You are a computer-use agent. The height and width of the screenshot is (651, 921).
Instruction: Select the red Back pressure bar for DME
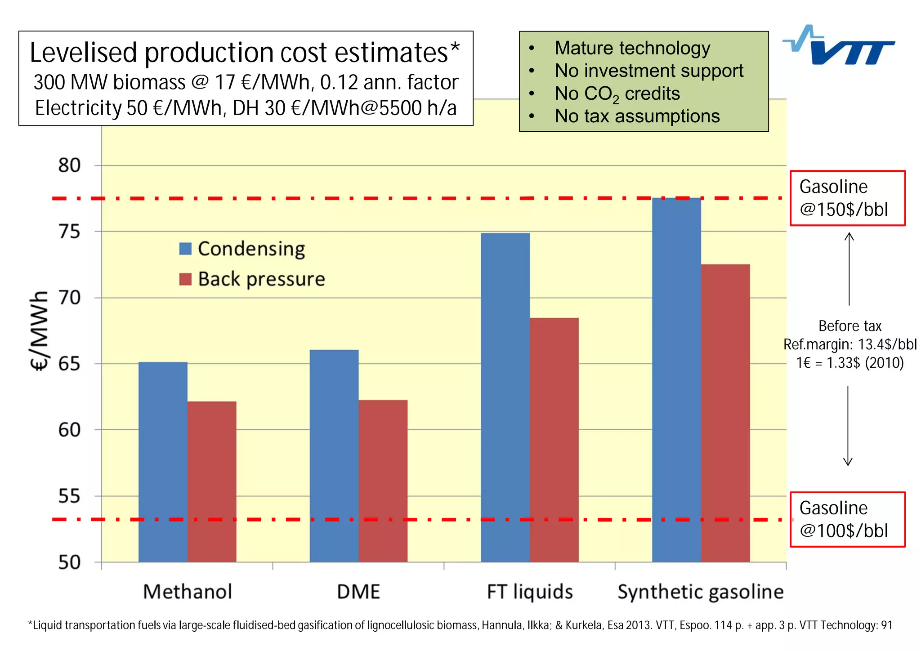pos(383,481)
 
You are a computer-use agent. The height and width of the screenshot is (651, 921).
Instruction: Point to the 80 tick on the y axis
pos(69,165)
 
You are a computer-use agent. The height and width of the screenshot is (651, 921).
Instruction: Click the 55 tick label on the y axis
pos(69,496)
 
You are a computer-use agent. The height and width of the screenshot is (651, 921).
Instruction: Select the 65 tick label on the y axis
pos(69,364)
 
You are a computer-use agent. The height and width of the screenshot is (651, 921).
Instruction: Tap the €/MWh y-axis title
pos(39,330)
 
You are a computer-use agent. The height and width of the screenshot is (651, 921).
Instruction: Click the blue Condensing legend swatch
pos(185,249)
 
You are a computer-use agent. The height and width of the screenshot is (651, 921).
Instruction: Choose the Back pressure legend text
pos(261,279)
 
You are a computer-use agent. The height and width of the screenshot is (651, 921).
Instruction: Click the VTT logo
pos(839,46)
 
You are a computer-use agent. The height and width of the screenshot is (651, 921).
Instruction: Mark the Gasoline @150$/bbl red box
pos(847,198)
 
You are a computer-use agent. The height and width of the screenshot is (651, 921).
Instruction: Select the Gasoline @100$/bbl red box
pos(847,519)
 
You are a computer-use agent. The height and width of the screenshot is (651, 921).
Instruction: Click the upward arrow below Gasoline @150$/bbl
pos(849,268)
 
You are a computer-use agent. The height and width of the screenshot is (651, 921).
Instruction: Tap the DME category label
pos(358,592)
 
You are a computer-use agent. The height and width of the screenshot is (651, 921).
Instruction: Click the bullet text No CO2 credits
pos(617,94)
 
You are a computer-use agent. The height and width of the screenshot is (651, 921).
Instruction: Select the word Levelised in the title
pos(83,53)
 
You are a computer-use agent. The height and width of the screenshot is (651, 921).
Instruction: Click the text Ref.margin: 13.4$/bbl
pos(849,344)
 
